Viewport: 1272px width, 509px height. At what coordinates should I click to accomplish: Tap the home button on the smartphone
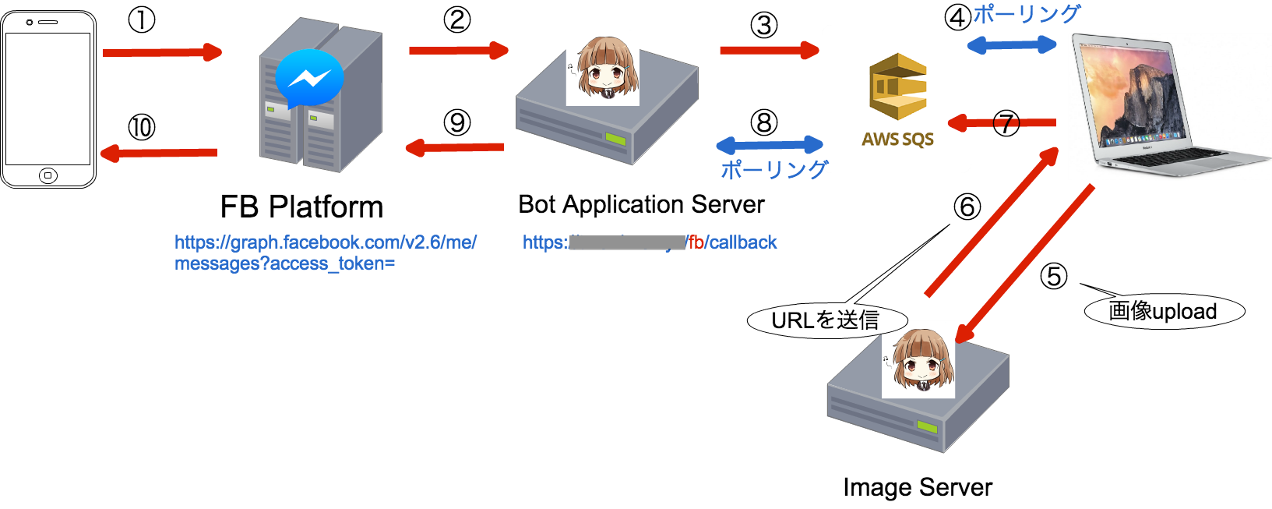[48, 175]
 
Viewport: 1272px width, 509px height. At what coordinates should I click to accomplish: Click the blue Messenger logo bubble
[309, 78]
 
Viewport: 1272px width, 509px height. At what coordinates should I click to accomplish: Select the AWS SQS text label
[897, 140]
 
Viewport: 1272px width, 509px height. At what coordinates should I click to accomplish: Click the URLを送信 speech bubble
[826, 320]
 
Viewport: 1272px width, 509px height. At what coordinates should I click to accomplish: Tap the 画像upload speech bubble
[1164, 311]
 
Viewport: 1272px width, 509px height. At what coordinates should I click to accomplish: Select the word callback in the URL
[743, 242]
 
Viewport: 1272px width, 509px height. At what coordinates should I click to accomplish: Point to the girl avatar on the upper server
[602, 67]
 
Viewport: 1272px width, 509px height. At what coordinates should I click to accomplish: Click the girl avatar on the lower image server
[918, 359]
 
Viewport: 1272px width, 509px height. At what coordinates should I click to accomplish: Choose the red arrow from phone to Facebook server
[162, 52]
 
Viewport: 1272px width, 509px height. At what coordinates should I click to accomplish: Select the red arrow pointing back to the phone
[159, 153]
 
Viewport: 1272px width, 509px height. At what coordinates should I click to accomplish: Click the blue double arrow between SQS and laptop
[1012, 45]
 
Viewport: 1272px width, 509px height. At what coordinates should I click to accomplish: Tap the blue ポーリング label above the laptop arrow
[1027, 13]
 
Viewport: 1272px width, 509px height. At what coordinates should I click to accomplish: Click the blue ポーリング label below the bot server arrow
[773, 169]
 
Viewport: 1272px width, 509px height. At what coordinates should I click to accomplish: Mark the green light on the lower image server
[927, 426]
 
